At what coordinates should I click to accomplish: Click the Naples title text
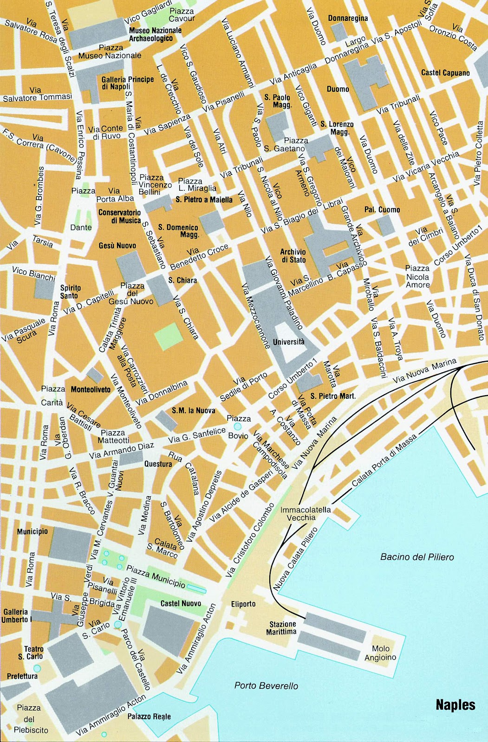coord(455,705)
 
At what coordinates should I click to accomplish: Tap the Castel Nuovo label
coord(181,603)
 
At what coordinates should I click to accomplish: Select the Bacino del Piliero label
coord(417,557)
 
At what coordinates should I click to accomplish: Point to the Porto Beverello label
coord(266,685)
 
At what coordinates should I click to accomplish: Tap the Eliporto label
coord(243,604)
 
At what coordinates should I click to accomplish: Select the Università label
coord(289,342)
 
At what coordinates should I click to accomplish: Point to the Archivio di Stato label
coord(293,256)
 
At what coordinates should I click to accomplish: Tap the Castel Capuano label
coord(445,73)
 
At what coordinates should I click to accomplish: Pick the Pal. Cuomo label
coord(382,210)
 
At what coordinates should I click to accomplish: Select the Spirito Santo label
coord(71,291)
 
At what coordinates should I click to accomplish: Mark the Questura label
coord(158,463)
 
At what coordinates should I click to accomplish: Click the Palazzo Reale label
coord(149,716)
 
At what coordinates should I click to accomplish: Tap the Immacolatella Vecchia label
coord(306,513)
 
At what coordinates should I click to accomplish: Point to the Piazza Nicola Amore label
coord(417,276)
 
